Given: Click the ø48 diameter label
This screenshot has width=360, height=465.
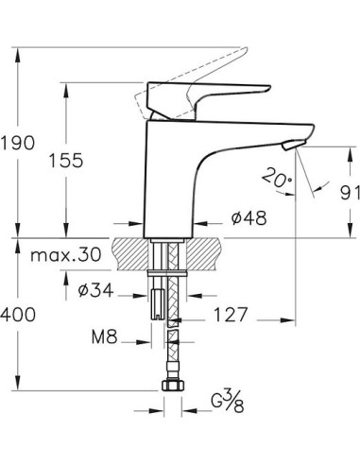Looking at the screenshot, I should (248, 216).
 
